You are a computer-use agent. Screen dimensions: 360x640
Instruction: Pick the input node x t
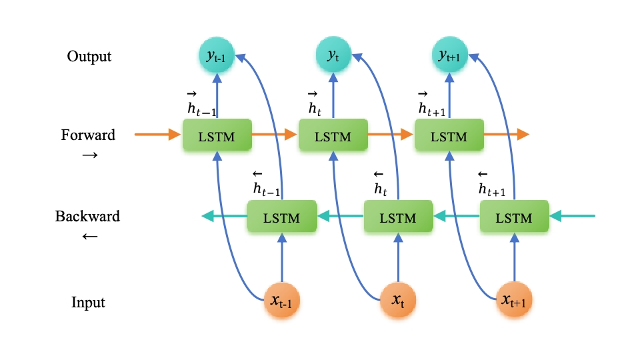coord(398,302)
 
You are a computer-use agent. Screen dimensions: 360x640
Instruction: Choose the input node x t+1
coord(514,302)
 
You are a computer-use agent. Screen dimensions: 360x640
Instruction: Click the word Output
coord(89,56)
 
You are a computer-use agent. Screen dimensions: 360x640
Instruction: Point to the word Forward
coord(88,135)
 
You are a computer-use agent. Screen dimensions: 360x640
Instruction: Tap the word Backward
coord(87,217)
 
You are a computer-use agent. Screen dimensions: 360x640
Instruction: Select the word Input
coord(89,303)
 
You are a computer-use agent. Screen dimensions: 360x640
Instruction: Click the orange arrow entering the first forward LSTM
coord(157,135)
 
